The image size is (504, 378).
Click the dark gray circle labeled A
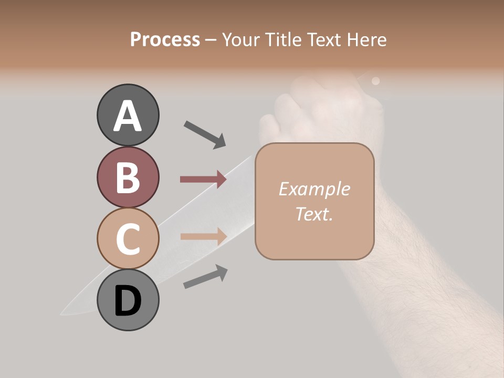coord(128,115)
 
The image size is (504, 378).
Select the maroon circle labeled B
coord(128,177)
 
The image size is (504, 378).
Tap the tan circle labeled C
coord(128,238)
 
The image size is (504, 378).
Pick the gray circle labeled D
coord(128,300)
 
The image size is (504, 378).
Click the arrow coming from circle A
coord(205,134)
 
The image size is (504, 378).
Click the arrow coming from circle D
coord(205,277)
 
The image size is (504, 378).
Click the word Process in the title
coord(165,39)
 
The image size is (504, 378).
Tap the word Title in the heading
coord(282,39)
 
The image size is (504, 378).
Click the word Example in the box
coord(314,189)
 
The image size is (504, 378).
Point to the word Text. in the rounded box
coord(314,214)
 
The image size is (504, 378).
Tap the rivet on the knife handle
coord(375,81)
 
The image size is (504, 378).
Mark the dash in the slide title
coord(211,39)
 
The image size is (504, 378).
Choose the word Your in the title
coord(241,39)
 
